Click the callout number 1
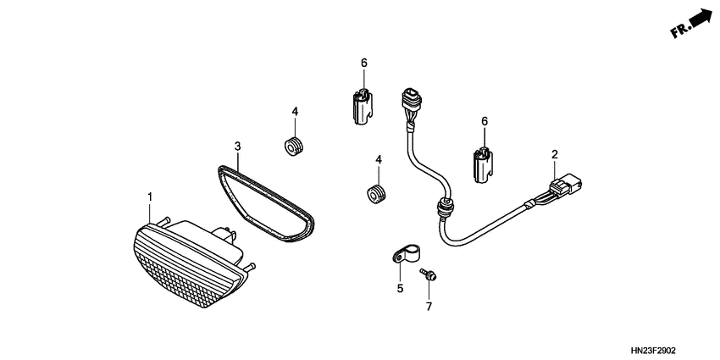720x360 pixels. point(150,197)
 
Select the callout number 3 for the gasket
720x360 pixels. point(239,146)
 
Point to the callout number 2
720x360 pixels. point(555,154)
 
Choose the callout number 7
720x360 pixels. point(429,306)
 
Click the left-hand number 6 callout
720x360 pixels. point(364,63)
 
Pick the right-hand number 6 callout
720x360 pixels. point(485,122)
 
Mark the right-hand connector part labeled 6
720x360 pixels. point(482,162)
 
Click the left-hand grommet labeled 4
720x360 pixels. point(295,144)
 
